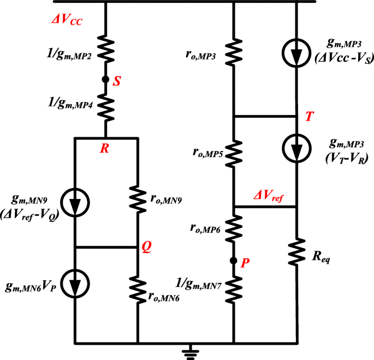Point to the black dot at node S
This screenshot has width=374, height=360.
click(105, 80)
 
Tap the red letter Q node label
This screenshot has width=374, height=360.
click(146, 247)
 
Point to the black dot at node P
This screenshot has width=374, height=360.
click(234, 261)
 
